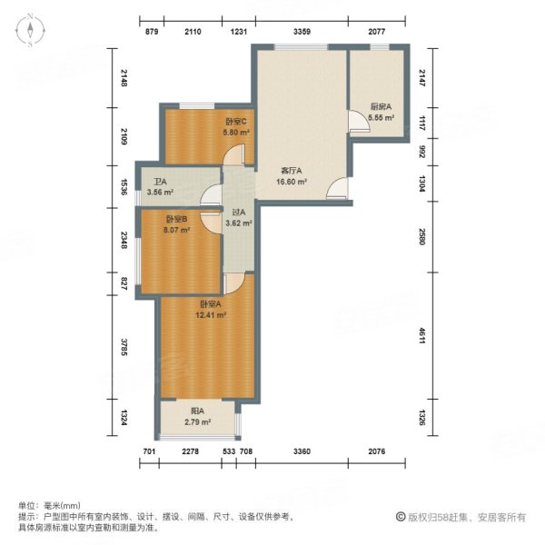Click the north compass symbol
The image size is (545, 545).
coord(31,31)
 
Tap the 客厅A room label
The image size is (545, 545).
coord(291,170)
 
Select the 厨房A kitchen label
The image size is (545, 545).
coord(381,106)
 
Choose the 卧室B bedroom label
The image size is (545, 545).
coord(176,219)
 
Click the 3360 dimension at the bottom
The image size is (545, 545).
coord(302,451)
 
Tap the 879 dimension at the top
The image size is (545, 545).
coord(153,32)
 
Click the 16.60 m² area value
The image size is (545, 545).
coord(292,181)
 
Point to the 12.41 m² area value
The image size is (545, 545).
coord(211,315)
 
